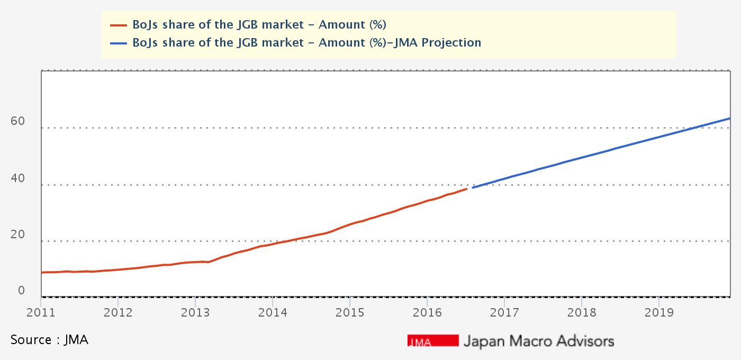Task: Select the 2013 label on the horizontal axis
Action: pos(195,312)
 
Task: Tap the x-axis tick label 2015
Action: pos(349,312)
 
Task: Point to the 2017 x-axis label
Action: pos(504,312)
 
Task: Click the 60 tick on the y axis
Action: pos(17,121)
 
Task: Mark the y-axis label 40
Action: pos(17,178)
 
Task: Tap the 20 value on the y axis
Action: pos(17,235)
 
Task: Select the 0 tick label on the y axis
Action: pos(21,291)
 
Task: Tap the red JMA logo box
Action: pos(433,340)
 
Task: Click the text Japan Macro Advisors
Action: pos(538,340)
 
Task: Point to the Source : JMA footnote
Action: pos(49,340)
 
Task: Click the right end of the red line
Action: pos(466,188)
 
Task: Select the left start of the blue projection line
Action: pos(473,187)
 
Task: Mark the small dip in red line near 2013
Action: pos(209,262)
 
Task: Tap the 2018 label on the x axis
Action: pos(581,312)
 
